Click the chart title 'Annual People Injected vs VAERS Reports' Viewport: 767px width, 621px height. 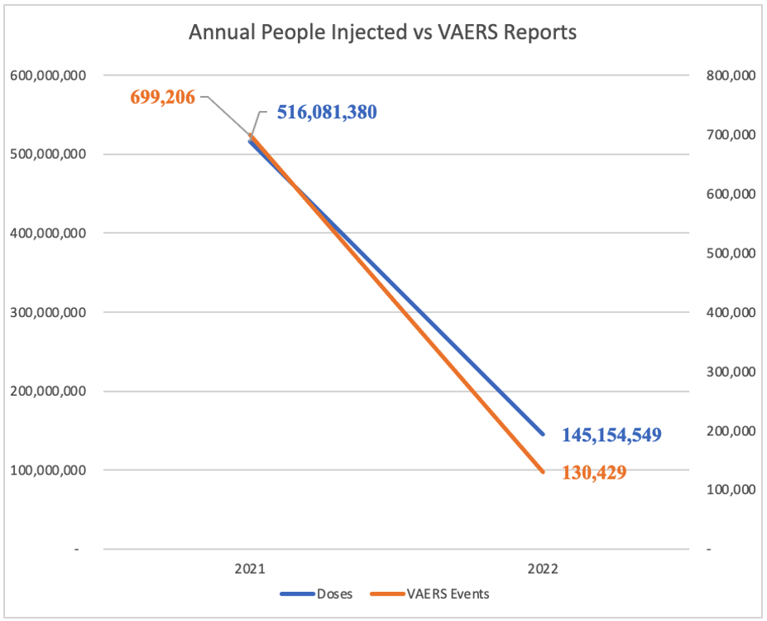pos(382,33)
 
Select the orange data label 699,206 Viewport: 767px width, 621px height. pos(162,98)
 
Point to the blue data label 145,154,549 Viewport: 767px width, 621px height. pos(611,435)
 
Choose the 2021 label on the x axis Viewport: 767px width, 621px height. pos(249,570)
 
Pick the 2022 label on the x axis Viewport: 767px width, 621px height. pos(543,570)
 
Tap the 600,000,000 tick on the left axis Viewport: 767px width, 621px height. pos(48,75)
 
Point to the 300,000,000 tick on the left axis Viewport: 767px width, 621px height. pos(48,312)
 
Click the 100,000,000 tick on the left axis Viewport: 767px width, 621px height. pos(48,470)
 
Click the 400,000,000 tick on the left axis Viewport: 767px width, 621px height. pos(48,233)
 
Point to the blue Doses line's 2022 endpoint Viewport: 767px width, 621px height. pos(543,434)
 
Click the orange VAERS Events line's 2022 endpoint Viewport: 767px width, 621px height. pos(543,472)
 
